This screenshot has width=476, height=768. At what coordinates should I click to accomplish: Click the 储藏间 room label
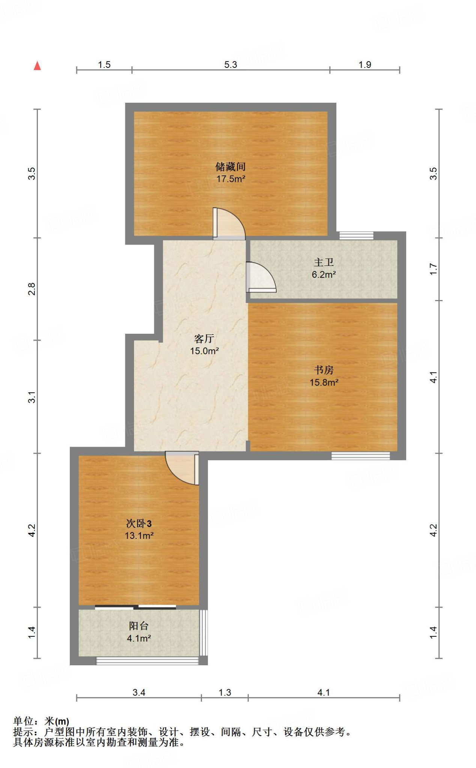[230, 166]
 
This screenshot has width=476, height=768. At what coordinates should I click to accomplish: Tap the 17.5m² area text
[230, 179]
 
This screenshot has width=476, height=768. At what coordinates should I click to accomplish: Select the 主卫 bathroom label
[324, 262]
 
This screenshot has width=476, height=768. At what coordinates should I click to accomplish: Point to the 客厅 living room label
[204, 339]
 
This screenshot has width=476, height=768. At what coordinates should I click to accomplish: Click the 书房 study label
[324, 370]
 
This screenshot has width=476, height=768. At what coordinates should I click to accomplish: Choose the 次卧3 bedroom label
[139, 523]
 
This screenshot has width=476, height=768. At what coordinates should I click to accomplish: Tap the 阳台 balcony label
[139, 625]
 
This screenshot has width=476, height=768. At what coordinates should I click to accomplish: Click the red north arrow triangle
[37, 66]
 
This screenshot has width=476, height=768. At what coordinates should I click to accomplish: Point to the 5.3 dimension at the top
[230, 64]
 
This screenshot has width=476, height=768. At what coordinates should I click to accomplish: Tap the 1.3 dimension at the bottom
[225, 692]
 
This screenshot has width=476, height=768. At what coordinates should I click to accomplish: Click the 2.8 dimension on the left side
[32, 289]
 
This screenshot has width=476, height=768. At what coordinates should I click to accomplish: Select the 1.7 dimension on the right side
[433, 269]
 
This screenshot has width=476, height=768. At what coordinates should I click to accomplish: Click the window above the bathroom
[356, 235]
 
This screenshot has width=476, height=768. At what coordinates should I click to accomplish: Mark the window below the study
[360, 456]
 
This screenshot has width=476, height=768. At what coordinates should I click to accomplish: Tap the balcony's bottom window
[147, 661]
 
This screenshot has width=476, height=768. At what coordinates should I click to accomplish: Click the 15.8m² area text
[324, 382]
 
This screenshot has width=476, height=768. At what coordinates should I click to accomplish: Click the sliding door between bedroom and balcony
[136, 607]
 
